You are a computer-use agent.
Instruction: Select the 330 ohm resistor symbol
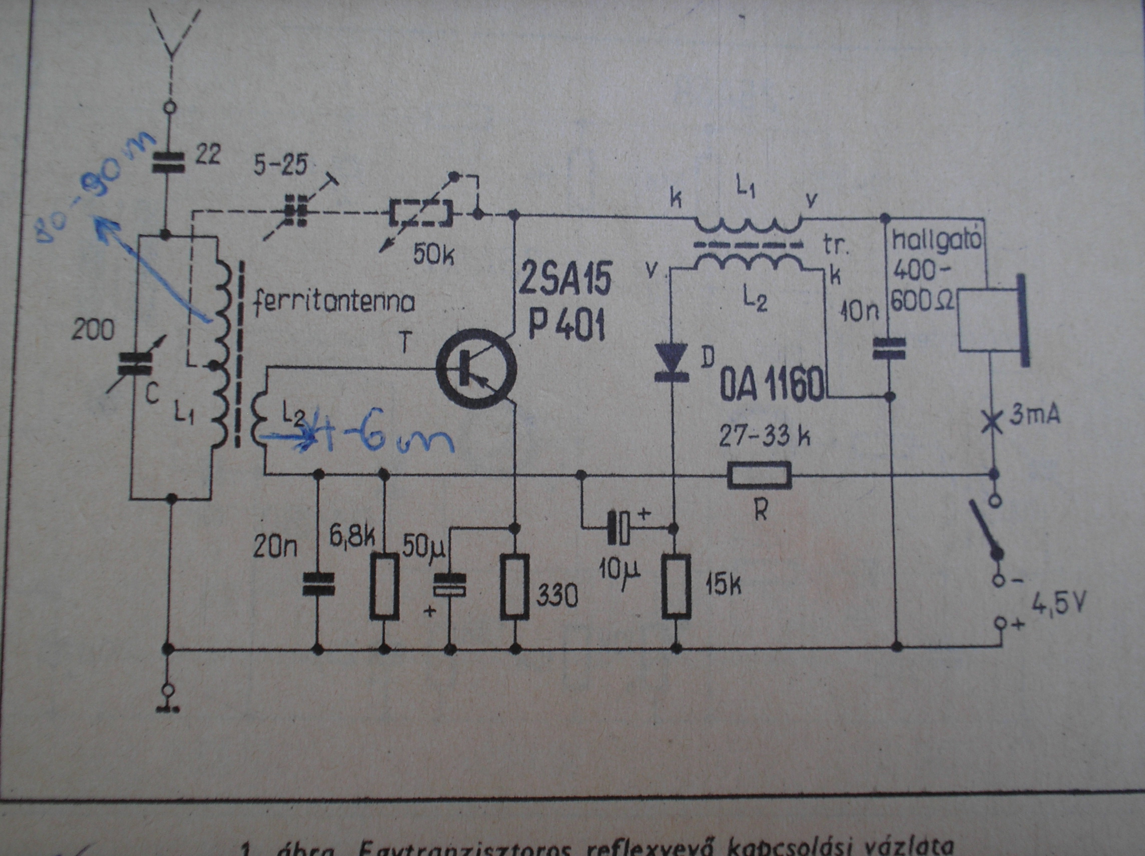[515, 586]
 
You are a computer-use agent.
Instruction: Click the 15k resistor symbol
[677, 586]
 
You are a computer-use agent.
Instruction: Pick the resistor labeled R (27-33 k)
[759, 475]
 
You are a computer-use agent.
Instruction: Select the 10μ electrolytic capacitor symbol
[619, 527]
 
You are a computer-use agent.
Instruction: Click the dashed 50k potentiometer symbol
[420, 213]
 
